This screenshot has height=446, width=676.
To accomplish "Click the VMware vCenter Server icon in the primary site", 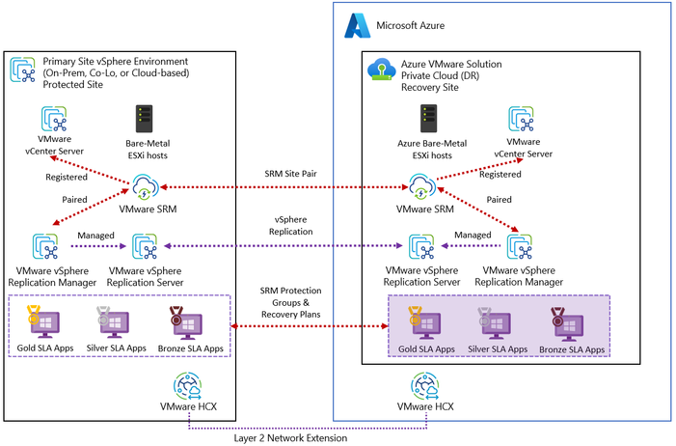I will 53,120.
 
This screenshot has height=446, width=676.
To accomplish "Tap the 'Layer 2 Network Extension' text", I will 288,436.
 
